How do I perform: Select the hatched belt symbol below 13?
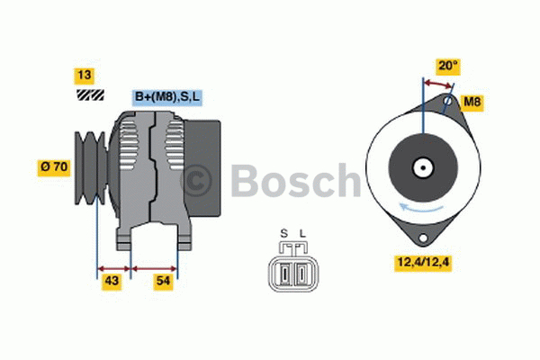click(x=89, y=94)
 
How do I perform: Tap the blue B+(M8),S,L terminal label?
click(x=167, y=96)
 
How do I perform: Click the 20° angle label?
click(x=448, y=66)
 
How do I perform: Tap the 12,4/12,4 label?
click(x=421, y=263)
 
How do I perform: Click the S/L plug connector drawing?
click(x=292, y=268)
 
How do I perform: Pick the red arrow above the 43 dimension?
click(x=114, y=267)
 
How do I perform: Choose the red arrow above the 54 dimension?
click(x=155, y=267)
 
